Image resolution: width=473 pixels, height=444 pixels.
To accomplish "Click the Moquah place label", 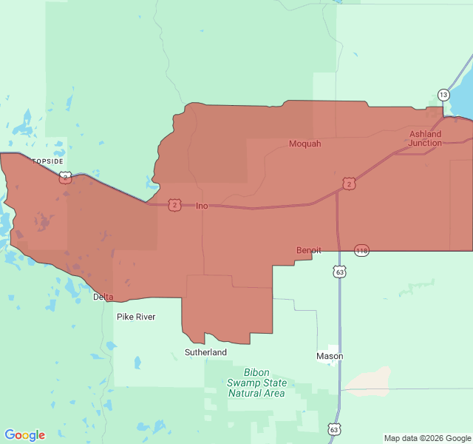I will [x=304, y=144].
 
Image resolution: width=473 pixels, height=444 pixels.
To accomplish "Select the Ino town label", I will [x=202, y=206].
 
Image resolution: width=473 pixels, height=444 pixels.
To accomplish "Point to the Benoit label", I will [x=309, y=250].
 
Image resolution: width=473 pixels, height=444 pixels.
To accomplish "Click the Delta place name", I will [x=103, y=297].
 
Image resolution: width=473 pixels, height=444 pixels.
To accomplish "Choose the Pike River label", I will [x=136, y=317].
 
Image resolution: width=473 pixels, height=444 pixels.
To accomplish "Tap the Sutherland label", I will [x=205, y=352].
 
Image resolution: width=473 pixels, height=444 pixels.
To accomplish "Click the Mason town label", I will [x=330, y=356].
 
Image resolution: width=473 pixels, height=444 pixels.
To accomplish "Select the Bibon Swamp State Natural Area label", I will [x=256, y=383].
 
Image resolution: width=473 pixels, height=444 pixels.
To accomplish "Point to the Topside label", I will [x=47, y=161].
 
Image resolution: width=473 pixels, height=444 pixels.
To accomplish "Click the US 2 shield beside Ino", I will [x=174, y=205].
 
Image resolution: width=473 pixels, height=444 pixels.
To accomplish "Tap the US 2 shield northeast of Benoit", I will [x=349, y=184].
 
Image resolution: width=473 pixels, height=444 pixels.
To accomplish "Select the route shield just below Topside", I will [x=65, y=177].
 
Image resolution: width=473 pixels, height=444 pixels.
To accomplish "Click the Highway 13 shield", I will [x=443, y=95].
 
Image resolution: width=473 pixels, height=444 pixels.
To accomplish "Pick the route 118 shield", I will [x=361, y=251].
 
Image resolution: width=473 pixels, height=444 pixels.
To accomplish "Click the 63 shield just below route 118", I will [x=339, y=272].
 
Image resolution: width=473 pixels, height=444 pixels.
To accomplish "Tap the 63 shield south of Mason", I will [x=334, y=429].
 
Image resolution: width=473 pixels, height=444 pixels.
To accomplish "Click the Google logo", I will [x=25, y=435].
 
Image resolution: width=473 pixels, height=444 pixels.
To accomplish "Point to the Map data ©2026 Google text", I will [x=427, y=438].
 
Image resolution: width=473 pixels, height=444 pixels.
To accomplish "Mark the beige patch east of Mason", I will [x=370, y=379].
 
